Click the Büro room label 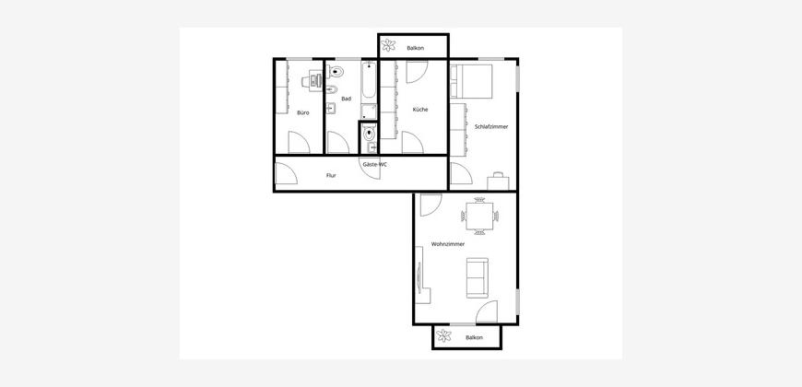(x=302, y=112)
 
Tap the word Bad (x=347, y=99)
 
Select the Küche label (x=420, y=110)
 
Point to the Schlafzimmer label (x=491, y=127)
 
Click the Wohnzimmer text (x=448, y=244)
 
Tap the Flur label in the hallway (x=331, y=175)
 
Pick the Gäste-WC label (x=375, y=165)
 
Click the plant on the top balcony (x=389, y=45)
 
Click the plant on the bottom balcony (x=444, y=336)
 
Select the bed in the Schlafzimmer (x=471, y=81)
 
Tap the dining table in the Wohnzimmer (x=479, y=216)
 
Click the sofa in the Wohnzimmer (x=478, y=277)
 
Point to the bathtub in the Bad (x=369, y=82)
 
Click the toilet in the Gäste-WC (x=370, y=134)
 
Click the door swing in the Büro (x=300, y=142)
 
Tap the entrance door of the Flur (x=286, y=173)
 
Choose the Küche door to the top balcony (x=417, y=72)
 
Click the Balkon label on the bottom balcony (x=474, y=338)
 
